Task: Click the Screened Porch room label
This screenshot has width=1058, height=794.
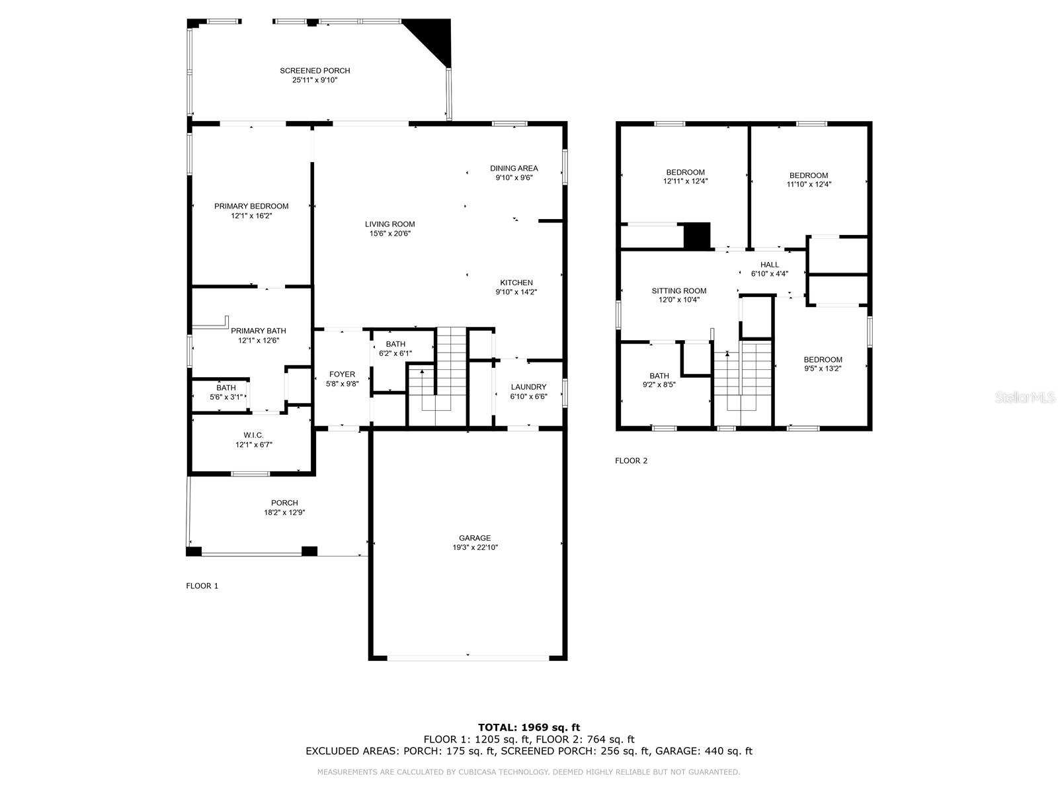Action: click(x=315, y=71)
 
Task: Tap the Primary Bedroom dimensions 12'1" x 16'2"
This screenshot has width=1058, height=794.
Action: click(x=251, y=216)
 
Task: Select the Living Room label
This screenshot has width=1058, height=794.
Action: click(x=390, y=224)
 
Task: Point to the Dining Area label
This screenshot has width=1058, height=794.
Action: click(x=514, y=168)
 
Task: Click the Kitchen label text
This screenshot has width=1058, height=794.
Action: click(x=516, y=283)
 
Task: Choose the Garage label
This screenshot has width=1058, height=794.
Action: click(x=475, y=538)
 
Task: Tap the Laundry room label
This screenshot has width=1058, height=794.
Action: click(x=528, y=387)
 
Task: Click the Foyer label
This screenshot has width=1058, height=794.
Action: click(x=342, y=375)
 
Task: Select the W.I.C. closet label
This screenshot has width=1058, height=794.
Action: click(x=253, y=435)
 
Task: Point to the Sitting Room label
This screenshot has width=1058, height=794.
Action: click(x=678, y=290)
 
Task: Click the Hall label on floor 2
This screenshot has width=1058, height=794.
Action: click(x=769, y=265)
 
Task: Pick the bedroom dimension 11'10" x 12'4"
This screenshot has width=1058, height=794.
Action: click(x=808, y=185)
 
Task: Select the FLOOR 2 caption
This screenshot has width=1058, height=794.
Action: click(x=631, y=461)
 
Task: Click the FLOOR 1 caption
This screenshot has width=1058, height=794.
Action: click(x=202, y=586)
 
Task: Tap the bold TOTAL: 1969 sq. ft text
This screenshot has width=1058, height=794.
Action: click(x=528, y=727)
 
